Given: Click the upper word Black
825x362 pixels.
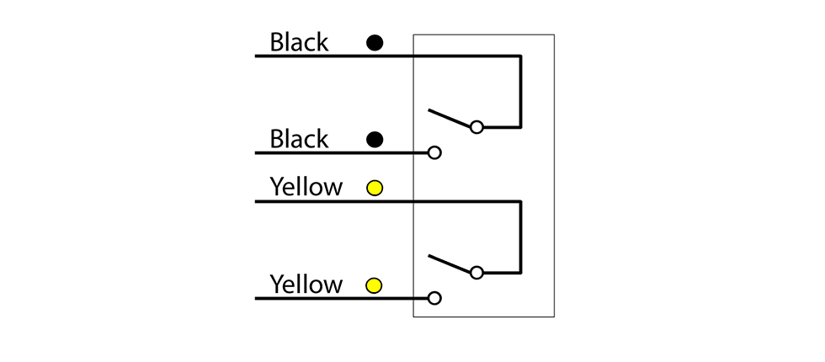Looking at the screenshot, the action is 299,42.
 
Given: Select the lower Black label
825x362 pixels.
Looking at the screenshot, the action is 299,140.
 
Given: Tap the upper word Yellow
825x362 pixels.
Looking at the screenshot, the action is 306,187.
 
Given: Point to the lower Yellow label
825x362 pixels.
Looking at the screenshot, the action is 306,285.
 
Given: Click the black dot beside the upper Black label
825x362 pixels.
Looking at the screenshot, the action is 375,43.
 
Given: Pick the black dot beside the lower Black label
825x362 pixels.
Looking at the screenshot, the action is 375,140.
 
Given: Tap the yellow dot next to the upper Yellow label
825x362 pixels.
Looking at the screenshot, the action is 375,188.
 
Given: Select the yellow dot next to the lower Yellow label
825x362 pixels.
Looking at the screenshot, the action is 374,285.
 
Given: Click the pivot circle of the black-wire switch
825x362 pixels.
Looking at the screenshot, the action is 476,127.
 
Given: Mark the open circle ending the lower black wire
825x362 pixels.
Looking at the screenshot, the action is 434,152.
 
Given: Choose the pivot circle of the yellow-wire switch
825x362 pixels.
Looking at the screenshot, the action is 476,273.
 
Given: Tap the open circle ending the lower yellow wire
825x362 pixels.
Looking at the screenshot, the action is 434,298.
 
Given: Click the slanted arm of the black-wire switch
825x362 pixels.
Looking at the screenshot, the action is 450,118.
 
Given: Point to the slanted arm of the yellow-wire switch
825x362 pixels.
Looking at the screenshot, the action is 450,264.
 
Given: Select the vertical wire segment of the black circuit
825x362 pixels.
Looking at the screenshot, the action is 520,92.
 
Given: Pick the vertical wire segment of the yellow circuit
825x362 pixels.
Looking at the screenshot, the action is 520,237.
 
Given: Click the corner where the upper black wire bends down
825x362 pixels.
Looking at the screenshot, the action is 520,56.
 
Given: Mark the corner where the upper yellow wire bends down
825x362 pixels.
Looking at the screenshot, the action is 520,201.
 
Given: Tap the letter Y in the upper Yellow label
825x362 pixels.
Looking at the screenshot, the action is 276,186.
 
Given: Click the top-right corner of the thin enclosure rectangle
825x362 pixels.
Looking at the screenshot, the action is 554,35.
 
